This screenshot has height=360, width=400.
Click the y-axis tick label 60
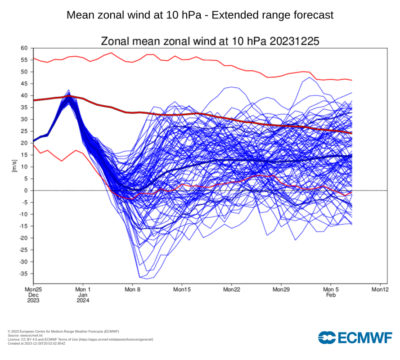[24, 48]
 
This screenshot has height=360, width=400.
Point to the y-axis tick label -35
[22, 274]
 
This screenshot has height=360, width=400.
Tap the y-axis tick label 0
[26, 190]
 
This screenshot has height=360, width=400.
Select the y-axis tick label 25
[24, 131]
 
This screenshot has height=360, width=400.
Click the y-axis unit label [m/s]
[14, 166]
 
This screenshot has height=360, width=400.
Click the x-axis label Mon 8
[132, 289]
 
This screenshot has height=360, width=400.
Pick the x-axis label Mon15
[182, 289]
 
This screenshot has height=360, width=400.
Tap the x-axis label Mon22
[231, 289]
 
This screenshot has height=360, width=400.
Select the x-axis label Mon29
[281, 289]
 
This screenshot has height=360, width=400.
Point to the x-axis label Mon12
[380, 289]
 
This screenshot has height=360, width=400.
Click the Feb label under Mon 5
[331, 295]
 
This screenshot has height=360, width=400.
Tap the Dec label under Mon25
[33, 295]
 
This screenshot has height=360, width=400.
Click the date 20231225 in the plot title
[294, 41]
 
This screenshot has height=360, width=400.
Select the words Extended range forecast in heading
[272, 15]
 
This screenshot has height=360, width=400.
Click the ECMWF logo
[355, 337]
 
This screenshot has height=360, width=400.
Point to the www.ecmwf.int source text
[28, 335]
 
